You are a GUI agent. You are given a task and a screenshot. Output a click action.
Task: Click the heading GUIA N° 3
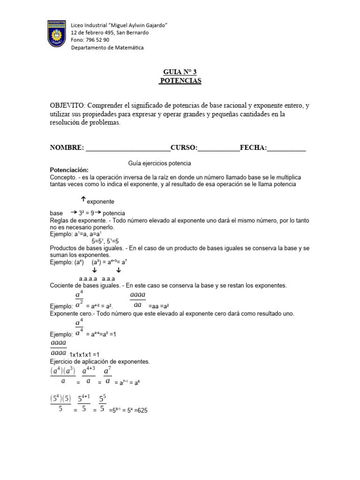pyautogui.click(x=180, y=72)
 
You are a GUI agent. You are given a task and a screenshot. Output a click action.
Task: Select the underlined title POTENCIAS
pyautogui.click(x=180, y=81)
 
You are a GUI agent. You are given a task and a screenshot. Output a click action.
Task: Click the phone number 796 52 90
pyautogui.click(x=97, y=40)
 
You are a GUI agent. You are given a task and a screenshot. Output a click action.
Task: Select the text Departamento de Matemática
pyautogui.click(x=107, y=47)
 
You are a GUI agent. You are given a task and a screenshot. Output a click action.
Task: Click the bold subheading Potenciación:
pyautogui.click(x=69, y=170)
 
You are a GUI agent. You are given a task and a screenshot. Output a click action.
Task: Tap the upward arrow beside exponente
pyautogui.click(x=83, y=199)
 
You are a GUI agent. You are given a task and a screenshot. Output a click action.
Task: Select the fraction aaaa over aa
pyautogui.click(x=137, y=300)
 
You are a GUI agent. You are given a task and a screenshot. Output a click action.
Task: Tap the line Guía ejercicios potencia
pyautogui.click(x=159, y=163)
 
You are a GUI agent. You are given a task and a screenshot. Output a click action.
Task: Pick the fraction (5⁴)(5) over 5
pyautogui.click(x=60, y=403)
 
